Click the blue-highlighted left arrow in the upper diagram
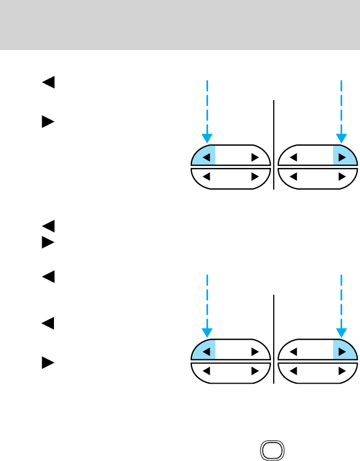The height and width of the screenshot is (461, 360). coord(206,157)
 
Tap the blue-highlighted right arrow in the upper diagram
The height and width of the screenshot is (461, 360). coord(342,157)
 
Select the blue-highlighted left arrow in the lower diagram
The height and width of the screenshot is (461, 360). coord(206,352)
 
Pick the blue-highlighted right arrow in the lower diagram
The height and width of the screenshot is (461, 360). coord(342,352)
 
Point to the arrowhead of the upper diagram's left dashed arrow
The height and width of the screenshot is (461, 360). coord(207,139)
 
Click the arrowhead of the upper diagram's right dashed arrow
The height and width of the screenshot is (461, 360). coord(342,139)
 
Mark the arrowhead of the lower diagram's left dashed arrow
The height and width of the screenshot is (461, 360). coord(207,333)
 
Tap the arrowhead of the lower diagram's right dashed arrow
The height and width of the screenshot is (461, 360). coord(342,333)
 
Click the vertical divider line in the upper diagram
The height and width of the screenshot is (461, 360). coord(274,145)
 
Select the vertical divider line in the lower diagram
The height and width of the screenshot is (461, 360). coord(274,339)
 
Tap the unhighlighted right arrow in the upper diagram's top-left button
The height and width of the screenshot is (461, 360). coord(255,157)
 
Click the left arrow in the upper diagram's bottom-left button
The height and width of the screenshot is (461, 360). coord(206,177)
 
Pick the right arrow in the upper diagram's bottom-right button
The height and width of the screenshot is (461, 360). coord(342,177)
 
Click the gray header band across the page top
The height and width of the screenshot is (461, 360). coord(180,24)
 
